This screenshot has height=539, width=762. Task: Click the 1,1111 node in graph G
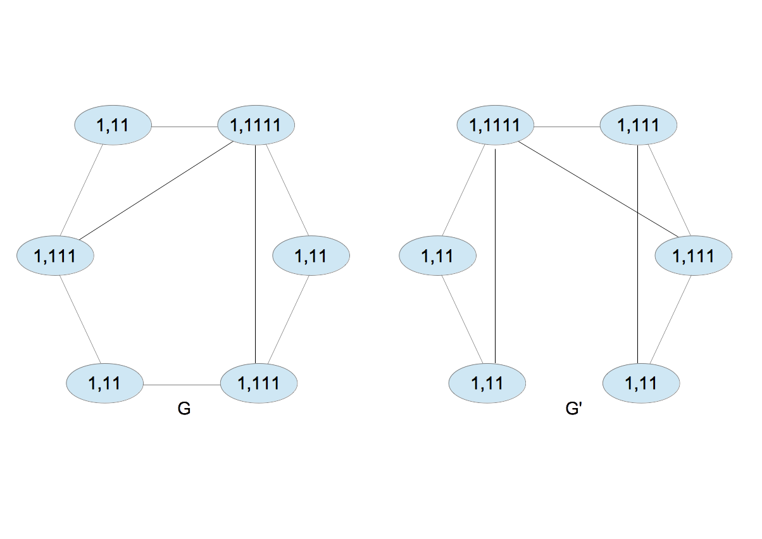click(256, 126)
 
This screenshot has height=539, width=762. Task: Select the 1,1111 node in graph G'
click(496, 126)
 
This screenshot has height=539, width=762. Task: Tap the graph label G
click(184, 409)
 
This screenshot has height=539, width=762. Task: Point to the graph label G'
click(573, 409)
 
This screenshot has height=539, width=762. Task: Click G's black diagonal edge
click(155, 192)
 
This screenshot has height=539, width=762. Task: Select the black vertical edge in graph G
click(255, 253)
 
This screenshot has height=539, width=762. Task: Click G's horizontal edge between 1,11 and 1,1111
click(184, 127)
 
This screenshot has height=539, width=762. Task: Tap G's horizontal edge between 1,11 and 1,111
click(182, 385)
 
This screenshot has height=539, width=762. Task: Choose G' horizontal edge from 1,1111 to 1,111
click(566, 127)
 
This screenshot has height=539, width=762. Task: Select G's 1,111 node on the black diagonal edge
click(55, 256)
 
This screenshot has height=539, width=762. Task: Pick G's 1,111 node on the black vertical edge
click(258, 383)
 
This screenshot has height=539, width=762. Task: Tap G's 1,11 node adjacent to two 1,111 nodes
click(104, 383)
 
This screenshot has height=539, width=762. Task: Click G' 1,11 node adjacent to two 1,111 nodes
click(641, 383)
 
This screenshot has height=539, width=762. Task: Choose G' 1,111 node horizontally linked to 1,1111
click(638, 126)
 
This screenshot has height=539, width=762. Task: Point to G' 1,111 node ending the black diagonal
click(693, 256)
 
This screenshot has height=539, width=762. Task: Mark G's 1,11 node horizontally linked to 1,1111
click(113, 126)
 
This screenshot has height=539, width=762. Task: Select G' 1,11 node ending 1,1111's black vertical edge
click(487, 383)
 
